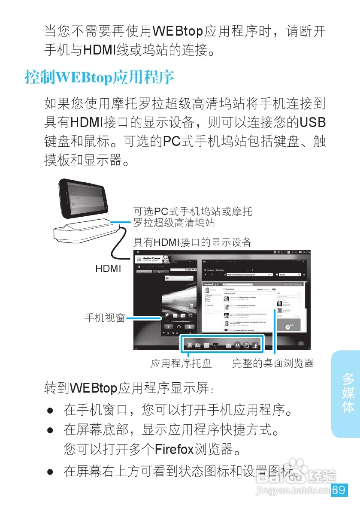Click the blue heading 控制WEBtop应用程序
click(100, 78)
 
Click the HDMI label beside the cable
click(108, 269)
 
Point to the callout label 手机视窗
click(104, 318)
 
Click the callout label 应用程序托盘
click(181, 364)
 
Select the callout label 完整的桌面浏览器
click(273, 364)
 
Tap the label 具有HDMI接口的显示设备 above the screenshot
click(192, 242)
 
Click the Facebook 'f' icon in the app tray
click(255, 345)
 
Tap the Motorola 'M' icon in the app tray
click(237, 345)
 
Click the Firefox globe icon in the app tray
click(246, 345)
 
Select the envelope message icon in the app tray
click(228, 345)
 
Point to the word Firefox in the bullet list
click(174, 450)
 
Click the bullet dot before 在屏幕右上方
click(50, 472)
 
